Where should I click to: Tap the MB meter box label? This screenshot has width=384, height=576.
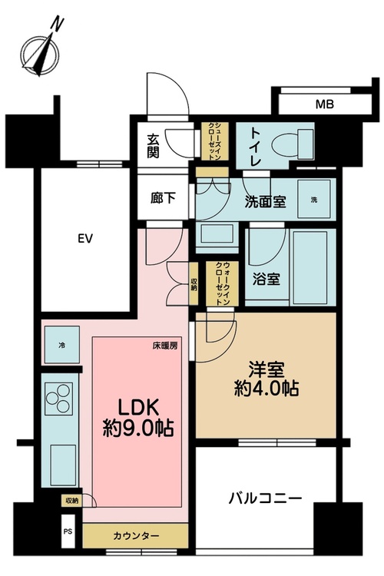pyautogui.click(x=325, y=104)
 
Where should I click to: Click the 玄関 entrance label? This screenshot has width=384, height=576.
pyautogui.click(x=153, y=146)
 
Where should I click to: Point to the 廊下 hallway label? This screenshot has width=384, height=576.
pyautogui.click(x=163, y=198)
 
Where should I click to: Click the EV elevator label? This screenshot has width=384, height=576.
pyautogui.click(x=85, y=239)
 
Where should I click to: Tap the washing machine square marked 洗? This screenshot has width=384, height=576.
pyautogui.click(x=314, y=200)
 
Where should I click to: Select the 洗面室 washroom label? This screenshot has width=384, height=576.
pyautogui.click(x=266, y=201)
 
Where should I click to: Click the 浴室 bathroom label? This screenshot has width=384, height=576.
pyautogui.click(x=266, y=280)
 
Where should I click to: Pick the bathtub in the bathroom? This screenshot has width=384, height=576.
pyautogui.click(x=310, y=268)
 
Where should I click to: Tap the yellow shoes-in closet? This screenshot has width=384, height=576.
pyautogui.click(x=214, y=141)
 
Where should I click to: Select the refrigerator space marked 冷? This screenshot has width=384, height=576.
pyautogui.click(x=62, y=345)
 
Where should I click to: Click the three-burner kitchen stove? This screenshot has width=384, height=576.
pyautogui.click(x=59, y=398)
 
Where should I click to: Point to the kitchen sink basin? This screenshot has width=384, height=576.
pyautogui.click(x=63, y=465)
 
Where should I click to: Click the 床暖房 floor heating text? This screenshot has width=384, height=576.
pyautogui.click(x=165, y=346)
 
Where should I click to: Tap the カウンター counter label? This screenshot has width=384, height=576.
pyautogui.click(x=136, y=536)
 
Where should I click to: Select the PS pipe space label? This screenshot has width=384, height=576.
pyautogui.click(x=68, y=531)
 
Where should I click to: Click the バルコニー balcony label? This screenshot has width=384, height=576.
pyautogui.click(x=265, y=498)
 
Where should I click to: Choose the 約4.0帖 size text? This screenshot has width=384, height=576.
pyautogui.click(x=266, y=388)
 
